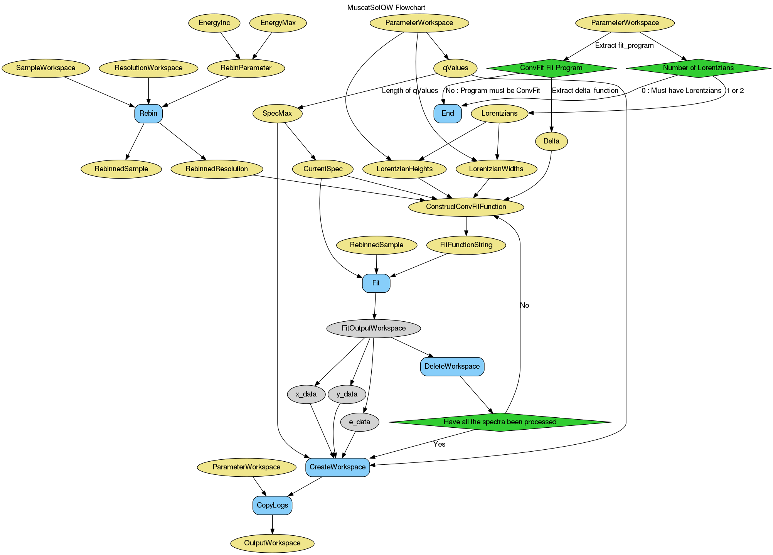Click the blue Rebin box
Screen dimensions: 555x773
148,113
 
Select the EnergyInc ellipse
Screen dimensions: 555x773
214,23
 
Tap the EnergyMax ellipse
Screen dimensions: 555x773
278,23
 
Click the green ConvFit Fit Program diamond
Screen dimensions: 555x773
551,68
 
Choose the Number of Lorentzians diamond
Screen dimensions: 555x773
698,68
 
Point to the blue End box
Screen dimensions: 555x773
448,113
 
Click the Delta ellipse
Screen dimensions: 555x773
551,141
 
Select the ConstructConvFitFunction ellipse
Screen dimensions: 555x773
466,207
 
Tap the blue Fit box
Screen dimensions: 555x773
376,283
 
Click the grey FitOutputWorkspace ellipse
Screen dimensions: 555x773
373,328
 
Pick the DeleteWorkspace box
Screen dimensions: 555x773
452,366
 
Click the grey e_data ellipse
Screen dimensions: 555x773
359,422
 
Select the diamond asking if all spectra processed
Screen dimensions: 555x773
500,422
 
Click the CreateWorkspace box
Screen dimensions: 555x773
337,467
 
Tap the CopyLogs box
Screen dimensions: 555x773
272,505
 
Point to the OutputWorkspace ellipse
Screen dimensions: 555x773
272,543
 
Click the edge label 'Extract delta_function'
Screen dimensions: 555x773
585,91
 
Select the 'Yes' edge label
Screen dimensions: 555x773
439,444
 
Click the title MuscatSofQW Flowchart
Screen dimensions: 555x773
386,7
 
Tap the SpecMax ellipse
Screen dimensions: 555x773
277,114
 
